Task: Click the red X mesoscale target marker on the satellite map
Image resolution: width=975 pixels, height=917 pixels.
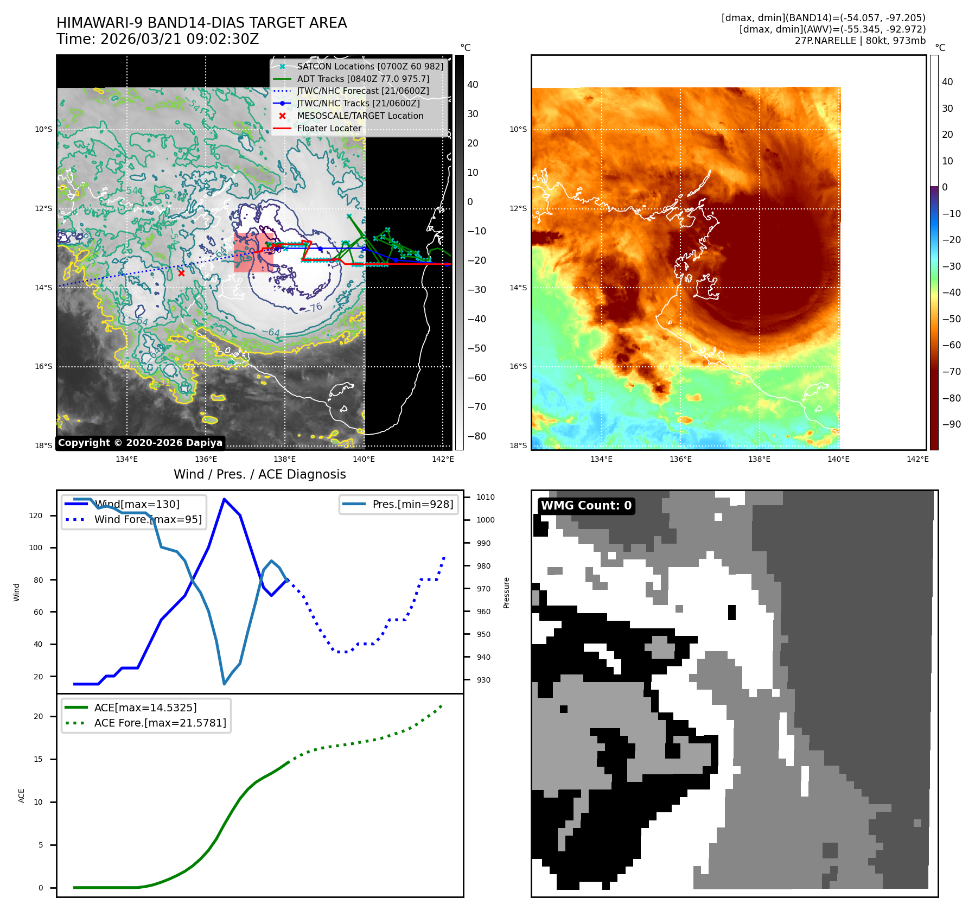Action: click(x=181, y=273)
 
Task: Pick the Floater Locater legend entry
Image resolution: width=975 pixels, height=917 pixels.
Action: click(x=329, y=129)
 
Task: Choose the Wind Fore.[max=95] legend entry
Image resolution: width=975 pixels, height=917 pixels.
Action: click(x=148, y=520)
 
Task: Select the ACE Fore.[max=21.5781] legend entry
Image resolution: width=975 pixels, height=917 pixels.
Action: click(x=160, y=723)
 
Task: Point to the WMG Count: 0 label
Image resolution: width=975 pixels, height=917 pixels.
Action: click(x=586, y=506)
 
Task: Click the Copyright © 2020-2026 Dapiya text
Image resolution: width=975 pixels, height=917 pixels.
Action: click(x=140, y=443)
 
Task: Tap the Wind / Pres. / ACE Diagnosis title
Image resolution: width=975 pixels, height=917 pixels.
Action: click(x=259, y=475)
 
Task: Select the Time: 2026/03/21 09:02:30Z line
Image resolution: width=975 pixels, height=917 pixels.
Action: click(x=158, y=40)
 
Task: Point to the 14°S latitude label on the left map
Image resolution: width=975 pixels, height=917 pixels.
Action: click(x=44, y=288)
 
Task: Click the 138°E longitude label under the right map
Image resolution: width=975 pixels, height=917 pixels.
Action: click(x=759, y=460)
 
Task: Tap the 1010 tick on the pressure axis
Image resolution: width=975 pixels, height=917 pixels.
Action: click(x=486, y=497)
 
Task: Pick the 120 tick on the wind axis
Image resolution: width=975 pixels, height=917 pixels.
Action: click(x=36, y=515)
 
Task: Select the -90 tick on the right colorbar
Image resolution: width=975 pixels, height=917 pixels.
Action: click(x=951, y=424)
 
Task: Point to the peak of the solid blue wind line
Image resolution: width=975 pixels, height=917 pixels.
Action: click(x=224, y=499)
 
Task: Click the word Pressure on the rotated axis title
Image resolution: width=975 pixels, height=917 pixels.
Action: click(x=507, y=593)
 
